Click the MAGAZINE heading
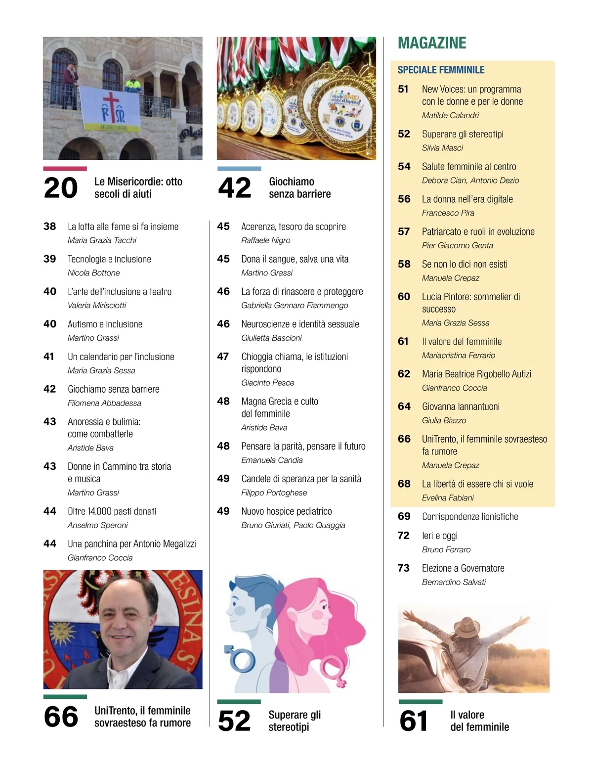pyautogui.click(x=432, y=44)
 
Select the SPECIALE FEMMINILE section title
pyautogui.click(x=441, y=70)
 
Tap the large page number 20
pyautogui.click(x=61, y=188)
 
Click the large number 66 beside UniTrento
pyautogui.click(x=61, y=717)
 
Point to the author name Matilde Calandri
pyautogui.click(x=450, y=115)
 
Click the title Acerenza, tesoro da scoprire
pyautogui.click(x=294, y=226)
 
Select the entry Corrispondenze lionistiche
pyautogui.click(x=470, y=516)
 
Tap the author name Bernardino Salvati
pyautogui.click(x=454, y=582)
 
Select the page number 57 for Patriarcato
pyautogui.click(x=404, y=231)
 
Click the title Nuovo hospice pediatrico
pyautogui.click(x=287, y=511)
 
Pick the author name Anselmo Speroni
pyautogui.click(x=97, y=525)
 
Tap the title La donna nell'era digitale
pyautogui.click(x=467, y=199)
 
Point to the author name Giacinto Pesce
pyautogui.click(x=267, y=383)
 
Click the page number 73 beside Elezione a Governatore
pyautogui.click(x=403, y=568)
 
